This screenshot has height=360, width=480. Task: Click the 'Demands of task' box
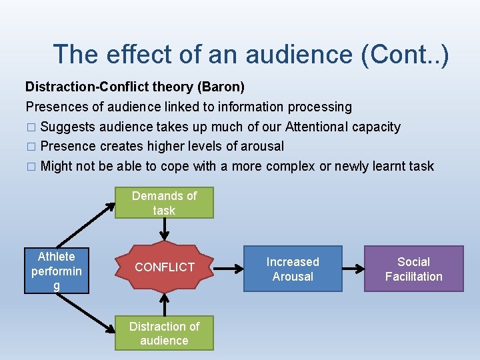point(164,203)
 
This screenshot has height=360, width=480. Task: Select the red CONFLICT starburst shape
point(164,267)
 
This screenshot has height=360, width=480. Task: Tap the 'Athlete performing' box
point(57,271)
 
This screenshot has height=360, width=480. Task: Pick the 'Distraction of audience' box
point(164,333)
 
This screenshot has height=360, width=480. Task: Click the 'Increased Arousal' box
point(293,269)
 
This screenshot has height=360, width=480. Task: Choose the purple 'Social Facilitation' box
point(413,269)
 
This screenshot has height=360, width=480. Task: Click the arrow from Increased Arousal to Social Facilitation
point(353,269)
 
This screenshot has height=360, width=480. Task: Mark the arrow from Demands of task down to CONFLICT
point(164,230)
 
